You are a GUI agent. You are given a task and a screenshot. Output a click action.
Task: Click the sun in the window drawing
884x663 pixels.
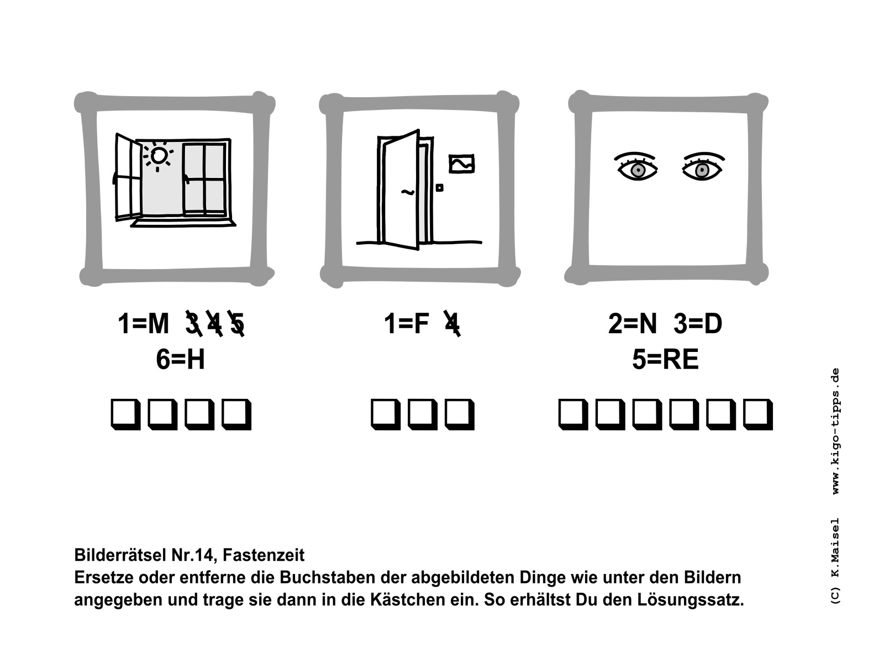click(x=158, y=156)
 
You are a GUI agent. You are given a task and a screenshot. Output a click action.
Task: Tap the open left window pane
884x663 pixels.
click(x=128, y=177)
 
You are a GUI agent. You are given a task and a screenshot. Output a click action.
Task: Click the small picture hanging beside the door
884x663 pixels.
click(x=461, y=164)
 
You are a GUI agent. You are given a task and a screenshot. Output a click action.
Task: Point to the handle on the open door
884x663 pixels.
click(x=408, y=192)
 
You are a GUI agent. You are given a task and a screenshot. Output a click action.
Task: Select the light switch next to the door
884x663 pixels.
click(x=439, y=188)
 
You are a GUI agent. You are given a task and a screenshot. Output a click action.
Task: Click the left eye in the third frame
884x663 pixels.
click(x=636, y=166)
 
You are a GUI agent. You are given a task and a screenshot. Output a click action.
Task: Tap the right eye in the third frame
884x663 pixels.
click(x=703, y=166)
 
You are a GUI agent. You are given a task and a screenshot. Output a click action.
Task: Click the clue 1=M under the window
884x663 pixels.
click(x=143, y=324)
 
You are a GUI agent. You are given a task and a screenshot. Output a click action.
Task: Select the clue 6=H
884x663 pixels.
click(x=181, y=359)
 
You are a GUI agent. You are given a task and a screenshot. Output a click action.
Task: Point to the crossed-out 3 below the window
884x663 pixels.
click(x=194, y=323)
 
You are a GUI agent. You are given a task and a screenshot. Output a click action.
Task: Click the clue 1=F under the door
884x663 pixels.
click(x=406, y=324)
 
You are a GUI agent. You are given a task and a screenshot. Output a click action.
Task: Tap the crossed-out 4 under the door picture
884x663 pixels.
click(x=452, y=323)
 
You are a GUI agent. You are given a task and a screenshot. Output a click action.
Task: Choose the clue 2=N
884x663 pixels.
click(x=633, y=324)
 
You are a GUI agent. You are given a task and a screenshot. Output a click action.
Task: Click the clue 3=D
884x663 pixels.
click(x=698, y=324)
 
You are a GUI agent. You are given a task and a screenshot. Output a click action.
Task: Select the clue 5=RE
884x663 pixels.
click(x=665, y=359)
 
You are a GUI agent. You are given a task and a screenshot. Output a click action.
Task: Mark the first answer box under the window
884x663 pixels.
click(x=125, y=414)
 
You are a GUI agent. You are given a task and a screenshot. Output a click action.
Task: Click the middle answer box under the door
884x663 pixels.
click(x=423, y=414)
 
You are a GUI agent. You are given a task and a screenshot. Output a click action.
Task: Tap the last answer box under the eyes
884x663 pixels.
click(x=758, y=414)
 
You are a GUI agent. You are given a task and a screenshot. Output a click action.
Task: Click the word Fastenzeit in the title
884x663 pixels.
click(x=264, y=555)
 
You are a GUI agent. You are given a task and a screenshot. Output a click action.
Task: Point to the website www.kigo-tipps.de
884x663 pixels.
click(x=836, y=431)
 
